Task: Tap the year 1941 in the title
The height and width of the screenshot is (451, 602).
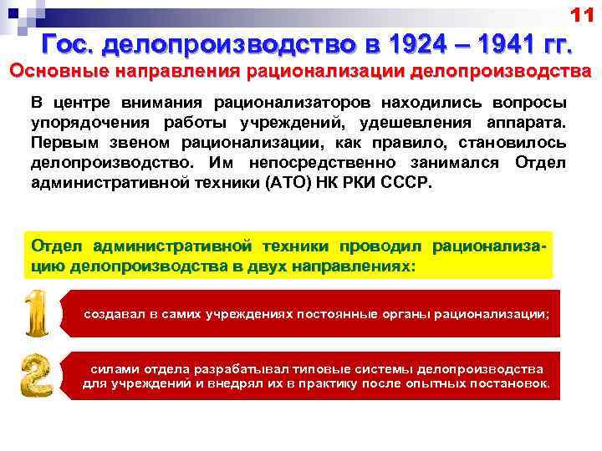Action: coord(500,42)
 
